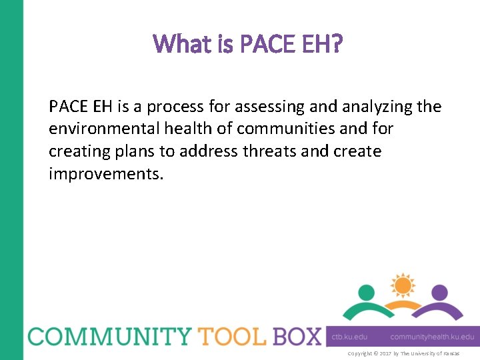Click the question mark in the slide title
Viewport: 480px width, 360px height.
[x=337, y=44]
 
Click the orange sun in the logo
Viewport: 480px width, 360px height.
[x=402, y=286]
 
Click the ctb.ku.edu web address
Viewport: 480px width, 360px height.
[x=350, y=337]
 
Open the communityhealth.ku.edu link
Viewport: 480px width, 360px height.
[x=432, y=337]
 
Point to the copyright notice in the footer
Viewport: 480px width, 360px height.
[x=403, y=353]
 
